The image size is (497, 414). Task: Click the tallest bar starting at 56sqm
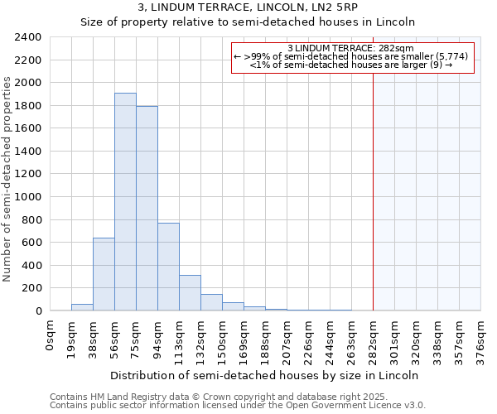click(x=125, y=202)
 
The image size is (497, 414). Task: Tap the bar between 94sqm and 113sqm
click(x=168, y=267)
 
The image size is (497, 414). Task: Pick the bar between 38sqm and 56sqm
click(x=104, y=274)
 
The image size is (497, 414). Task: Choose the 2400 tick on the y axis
click(x=27, y=37)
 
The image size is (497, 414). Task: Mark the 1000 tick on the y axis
click(x=27, y=197)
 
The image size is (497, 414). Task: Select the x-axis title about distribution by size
click(x=264, y=375)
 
